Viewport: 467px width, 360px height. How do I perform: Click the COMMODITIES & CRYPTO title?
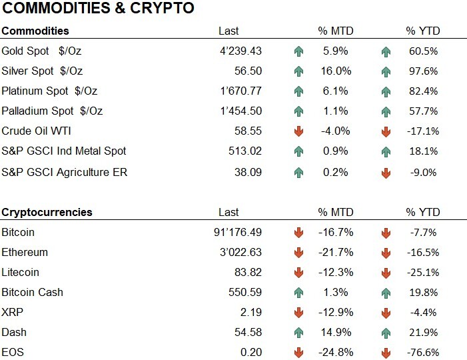coord(98,9)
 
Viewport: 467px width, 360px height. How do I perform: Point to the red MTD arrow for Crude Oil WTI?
coord(298,131)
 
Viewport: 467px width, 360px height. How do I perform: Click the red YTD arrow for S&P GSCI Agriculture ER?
coord(386,173)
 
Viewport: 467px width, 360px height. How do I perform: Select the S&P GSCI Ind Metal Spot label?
coord(64,151)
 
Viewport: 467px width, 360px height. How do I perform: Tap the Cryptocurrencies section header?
coord(47,212)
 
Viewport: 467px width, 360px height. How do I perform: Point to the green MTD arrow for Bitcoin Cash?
coord(298,293)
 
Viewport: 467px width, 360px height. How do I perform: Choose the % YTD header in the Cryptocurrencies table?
coord(422,212)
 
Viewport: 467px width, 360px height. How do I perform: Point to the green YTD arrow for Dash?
coord(386,333)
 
